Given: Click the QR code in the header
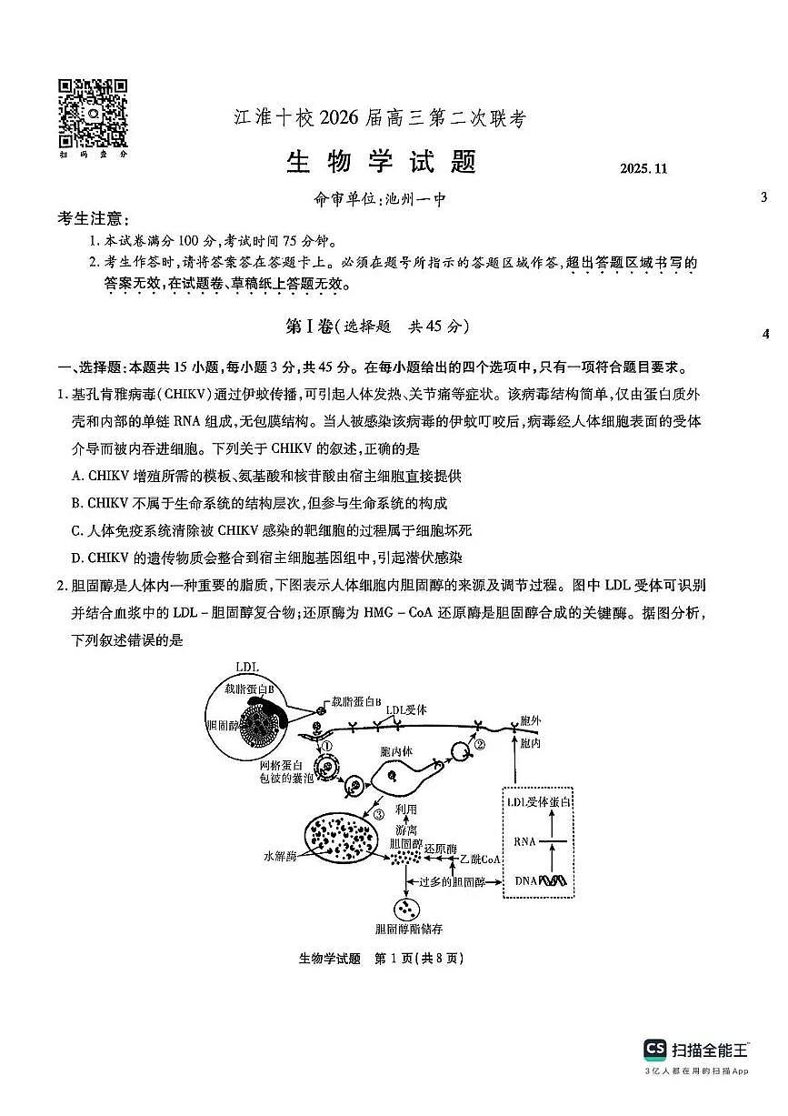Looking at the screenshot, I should tap(93, 113).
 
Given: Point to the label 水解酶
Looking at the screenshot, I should tap(281, 856).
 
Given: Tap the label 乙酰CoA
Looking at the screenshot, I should tap(480, 859).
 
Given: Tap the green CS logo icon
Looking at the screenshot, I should tap(654, 1050).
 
